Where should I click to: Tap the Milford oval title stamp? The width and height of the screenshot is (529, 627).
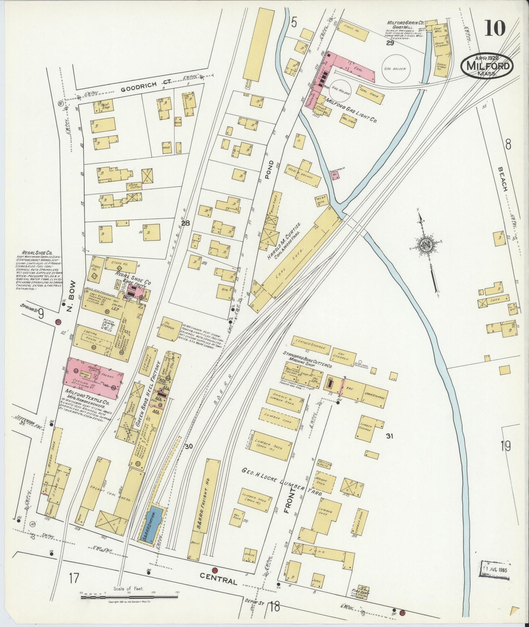pos(487,66)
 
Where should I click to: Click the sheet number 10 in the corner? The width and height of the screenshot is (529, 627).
pos(495,28)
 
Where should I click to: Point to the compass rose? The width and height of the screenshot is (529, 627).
pos(427,244)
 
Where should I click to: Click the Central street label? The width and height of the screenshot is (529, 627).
pos(218,581)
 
